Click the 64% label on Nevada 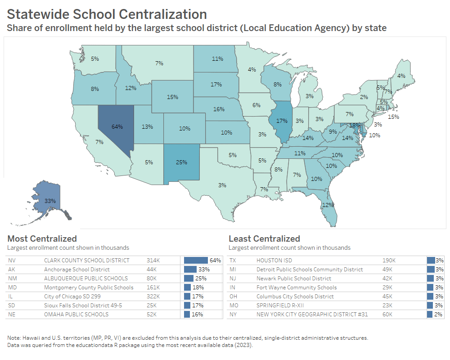click(x=117, y=127)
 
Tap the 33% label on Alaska click(x=50, y=201)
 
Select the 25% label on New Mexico click(x=181, y=162)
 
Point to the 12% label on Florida click(x=328, y=205)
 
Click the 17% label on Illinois click(x=282, y=121)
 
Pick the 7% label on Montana click(x=159, y=63)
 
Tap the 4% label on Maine click(x=401, y=76)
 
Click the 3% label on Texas click(x=222, y=185)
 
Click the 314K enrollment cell click(x=153, y=260)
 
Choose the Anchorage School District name click(x=76, y=269)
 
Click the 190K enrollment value click(x=388, y=260)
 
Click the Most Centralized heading click(x=42, y=238)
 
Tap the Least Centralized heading click(x=264, y=238)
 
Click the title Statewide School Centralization click(x=107, y=14)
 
